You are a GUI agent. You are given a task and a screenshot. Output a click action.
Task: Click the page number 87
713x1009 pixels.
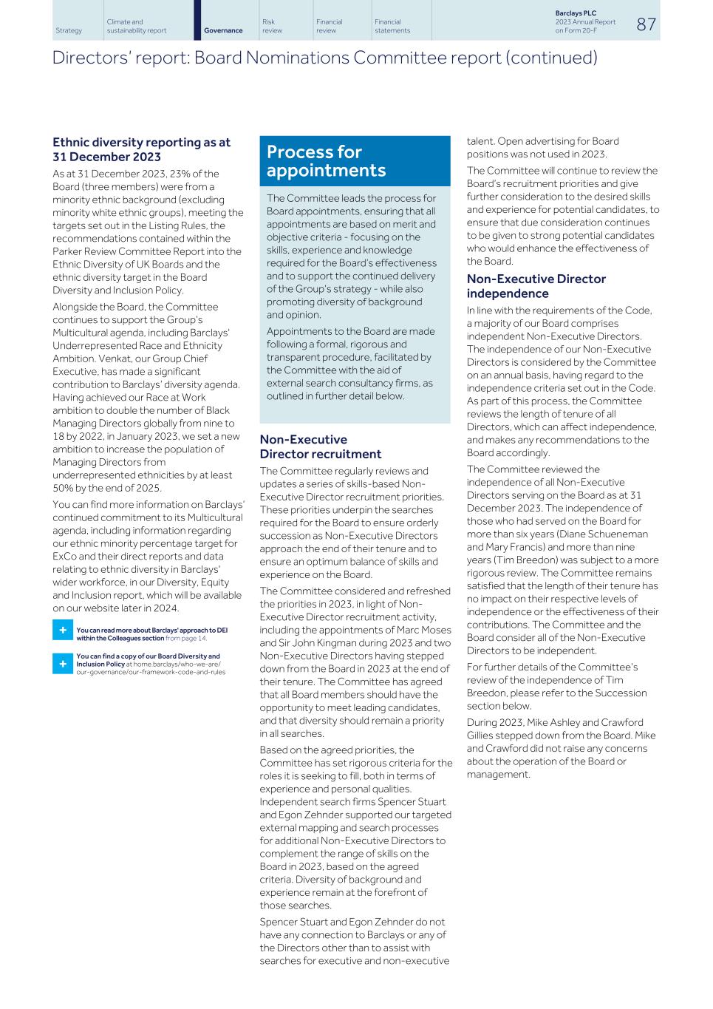pyautogui.click(x=646, y=24)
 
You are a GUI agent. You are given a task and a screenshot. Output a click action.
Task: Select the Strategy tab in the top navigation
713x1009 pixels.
pyautogui.click(x=69, y=30)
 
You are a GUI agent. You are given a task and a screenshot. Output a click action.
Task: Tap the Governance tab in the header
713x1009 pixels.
pyautogui.click(x=223, y=30)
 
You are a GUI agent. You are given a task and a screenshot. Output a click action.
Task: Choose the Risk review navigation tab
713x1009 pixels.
pyautogui.click(x=272, y=26)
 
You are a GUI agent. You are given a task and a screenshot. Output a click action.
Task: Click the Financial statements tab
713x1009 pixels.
pyautogui.click(x=392, y=26)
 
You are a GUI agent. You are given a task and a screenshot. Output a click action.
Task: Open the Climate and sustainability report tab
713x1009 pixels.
pyautogui.click(x=136, y=26)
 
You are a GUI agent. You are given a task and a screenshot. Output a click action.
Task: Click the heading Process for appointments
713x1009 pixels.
pyautogui.click(x=326, y=161)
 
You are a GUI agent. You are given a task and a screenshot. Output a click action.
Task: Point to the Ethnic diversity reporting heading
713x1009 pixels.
pyautogui.click(x=141, y=149)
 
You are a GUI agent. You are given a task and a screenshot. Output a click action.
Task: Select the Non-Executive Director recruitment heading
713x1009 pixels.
pyautogui.click(x=320, y=446)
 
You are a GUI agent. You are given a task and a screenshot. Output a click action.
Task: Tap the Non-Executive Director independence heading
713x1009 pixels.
pyautogui.click(x=536, y=286)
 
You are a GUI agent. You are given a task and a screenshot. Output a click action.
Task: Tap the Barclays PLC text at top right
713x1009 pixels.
pyautogui.click(x=575, y=13)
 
